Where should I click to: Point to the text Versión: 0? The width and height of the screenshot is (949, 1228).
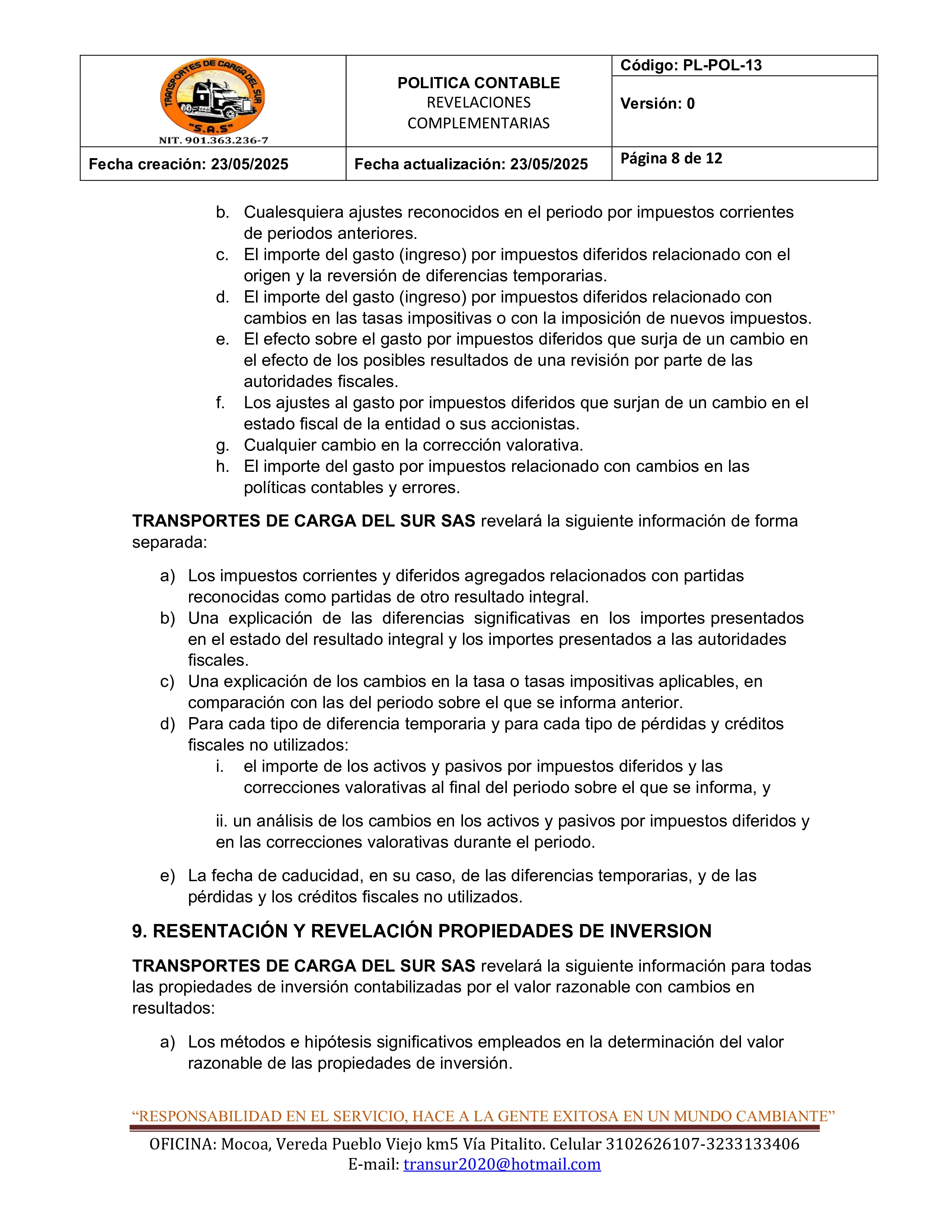click(657, 103)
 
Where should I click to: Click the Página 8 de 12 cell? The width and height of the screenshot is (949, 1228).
click(671, 159)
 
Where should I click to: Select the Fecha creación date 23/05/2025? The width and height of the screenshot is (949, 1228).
click(250, 164)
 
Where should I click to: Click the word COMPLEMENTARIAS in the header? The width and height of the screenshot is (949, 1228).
click(479, 124)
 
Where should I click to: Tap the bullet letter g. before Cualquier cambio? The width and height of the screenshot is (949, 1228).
click(222, 445)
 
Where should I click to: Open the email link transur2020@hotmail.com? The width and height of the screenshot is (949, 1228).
click(502, 1164)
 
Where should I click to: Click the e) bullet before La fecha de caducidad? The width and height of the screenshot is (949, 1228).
click(167, 876)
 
